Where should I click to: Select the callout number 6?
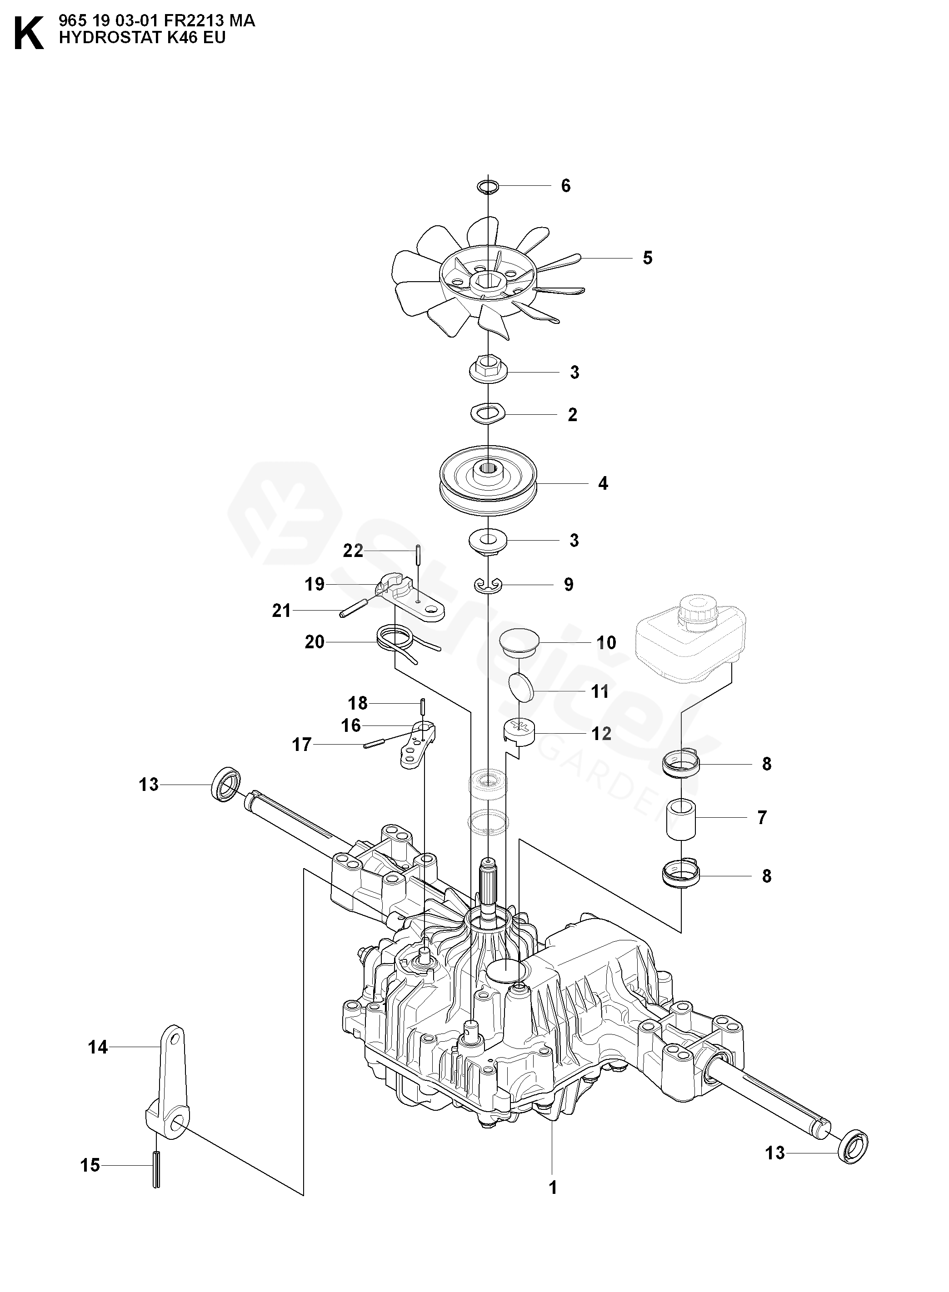click(566, 186)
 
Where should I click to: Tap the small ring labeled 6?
click(488, 187)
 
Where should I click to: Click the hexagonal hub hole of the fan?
click(488, 281)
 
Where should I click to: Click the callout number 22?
click(353, 551)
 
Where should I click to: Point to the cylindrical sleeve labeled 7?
click(681, 818)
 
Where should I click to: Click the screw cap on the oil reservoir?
click(696, 611)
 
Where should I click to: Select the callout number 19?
click(315, 585)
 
